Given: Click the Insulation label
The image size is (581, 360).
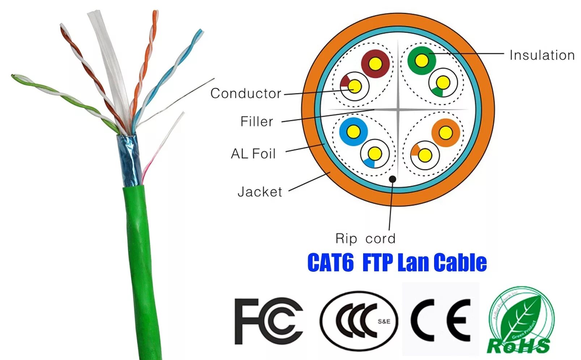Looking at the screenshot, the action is coord(542,55).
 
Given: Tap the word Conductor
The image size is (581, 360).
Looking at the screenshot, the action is coord(246,93).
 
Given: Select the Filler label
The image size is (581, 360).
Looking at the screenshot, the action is coord(256,122).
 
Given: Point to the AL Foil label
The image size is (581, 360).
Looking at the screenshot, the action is coord(253,154).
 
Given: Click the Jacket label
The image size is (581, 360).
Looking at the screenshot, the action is coord(259,192).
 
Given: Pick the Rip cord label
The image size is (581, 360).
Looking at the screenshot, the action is coord(365,239).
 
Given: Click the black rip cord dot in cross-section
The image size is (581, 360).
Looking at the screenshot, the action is coord(393,179).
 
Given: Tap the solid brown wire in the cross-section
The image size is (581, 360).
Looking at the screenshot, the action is coord(376,64).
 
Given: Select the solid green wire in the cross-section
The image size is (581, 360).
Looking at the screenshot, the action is coord(421,60).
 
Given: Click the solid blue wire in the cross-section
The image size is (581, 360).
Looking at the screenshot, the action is coord(353,132).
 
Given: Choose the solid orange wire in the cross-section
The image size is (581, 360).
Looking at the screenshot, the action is coord(446,133).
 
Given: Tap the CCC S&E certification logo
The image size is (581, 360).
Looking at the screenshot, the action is coord(358,321).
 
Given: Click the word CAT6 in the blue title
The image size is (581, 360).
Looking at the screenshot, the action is coord(330,263).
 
